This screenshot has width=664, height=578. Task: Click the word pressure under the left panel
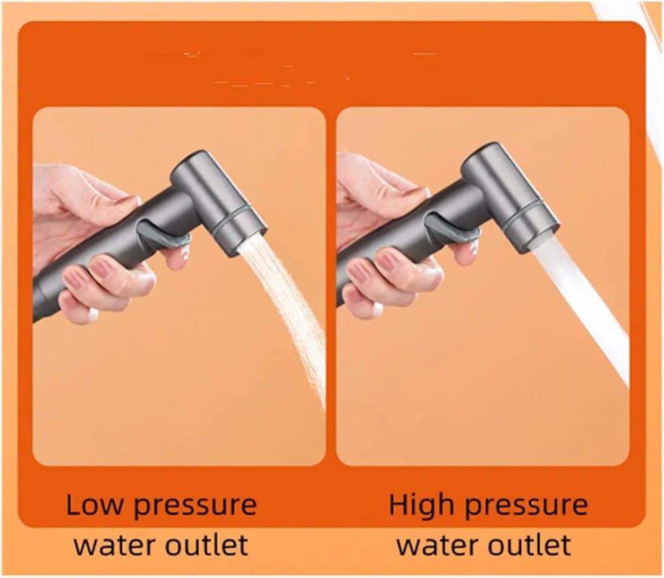195,507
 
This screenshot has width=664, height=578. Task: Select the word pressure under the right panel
527,507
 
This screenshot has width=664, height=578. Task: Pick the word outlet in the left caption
207,545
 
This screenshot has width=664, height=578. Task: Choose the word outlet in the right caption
529,545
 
